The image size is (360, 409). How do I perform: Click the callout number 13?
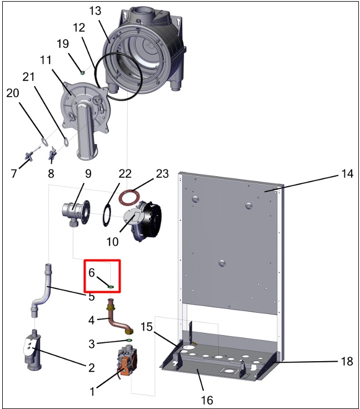[95, 12]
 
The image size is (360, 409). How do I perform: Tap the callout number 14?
[347, 174]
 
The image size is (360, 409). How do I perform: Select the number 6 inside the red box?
[92, 273]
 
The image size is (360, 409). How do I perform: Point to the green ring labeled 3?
[129, 340]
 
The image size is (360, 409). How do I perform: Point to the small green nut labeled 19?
[82, 71]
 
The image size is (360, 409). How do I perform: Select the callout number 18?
[346, 361]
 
